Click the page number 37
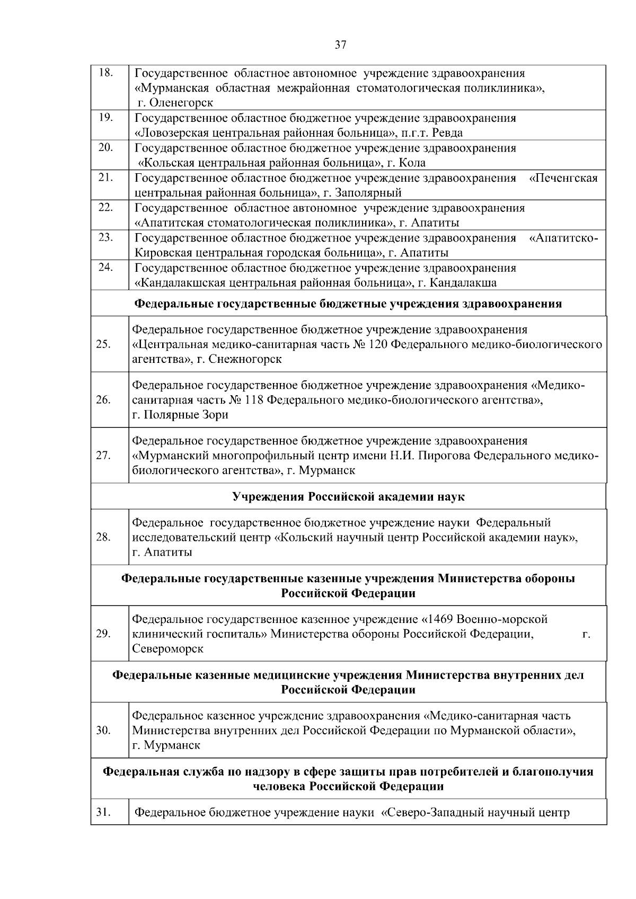tap(340, 45)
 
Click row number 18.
tap(106, 73)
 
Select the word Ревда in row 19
tap(447, 132)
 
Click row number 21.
tap(106, 177)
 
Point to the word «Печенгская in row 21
tap(563, 178)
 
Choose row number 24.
tap(106, 267)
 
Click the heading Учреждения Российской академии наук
tap(348, 496)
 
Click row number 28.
tap(103, 537)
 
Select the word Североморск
tap(167, 648)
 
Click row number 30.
tap(103, 731)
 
